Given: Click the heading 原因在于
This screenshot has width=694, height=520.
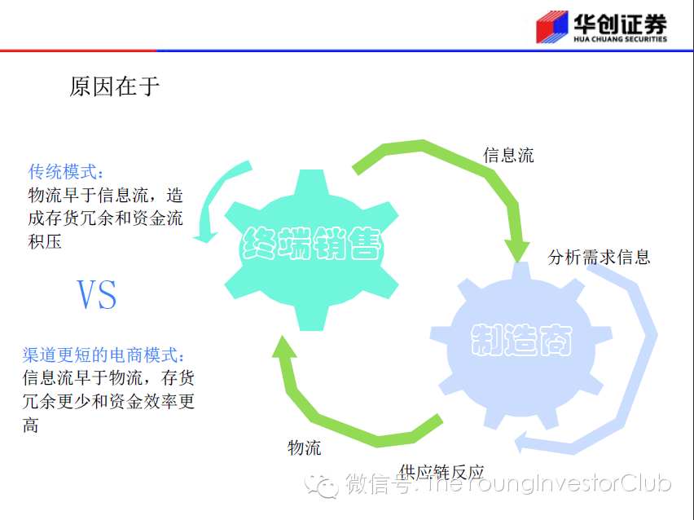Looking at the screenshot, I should tap(115, 87).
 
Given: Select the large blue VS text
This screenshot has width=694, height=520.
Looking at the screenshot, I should tap(96, 294).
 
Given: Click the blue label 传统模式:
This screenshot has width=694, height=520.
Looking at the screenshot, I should tap(67, 173).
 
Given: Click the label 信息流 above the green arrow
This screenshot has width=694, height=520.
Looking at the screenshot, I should tap(509, 155).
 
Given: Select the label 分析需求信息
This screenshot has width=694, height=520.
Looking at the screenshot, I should tap(600, 258).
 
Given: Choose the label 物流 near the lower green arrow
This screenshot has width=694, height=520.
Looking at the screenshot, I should tap(305, 447).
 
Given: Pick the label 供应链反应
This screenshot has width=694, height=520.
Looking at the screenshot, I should tap(442, 472).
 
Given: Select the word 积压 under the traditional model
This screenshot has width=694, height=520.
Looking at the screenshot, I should tap(45, 242).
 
